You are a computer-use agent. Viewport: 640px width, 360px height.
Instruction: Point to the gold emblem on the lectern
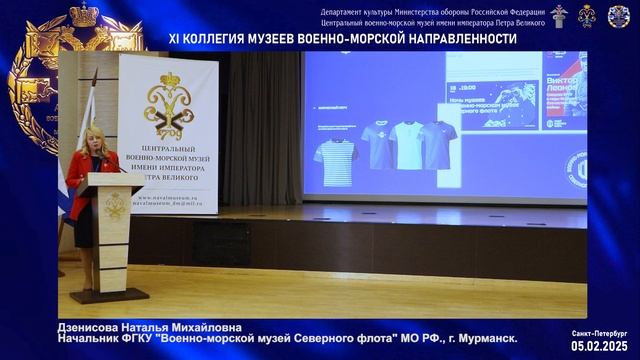(x=113, y=205)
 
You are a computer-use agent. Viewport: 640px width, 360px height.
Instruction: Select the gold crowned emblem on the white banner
(x=166, y=104)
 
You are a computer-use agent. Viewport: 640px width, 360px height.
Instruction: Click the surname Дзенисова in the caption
(x=87, y=327)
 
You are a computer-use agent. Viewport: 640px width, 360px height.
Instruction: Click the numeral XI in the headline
(x=176, y=38)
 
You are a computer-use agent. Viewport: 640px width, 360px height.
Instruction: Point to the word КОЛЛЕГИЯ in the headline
(x=224, y=38)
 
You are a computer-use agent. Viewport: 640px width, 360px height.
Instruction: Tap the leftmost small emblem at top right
(x=560, y=16)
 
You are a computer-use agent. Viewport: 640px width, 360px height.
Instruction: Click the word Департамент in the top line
(x=345, y=9)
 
